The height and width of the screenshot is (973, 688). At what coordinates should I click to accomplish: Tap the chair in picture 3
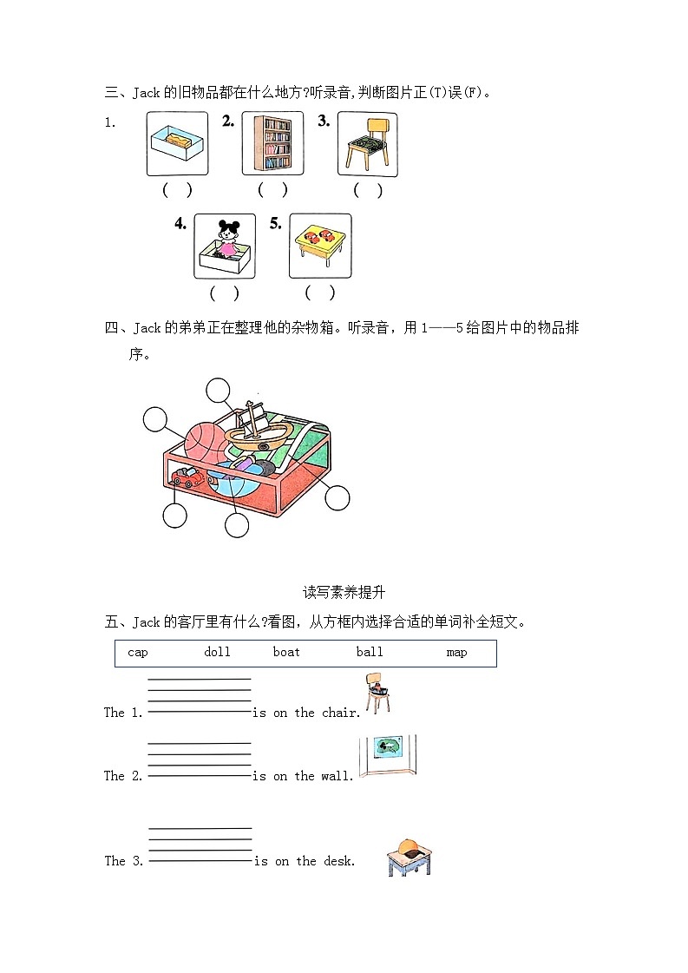coord(367,144)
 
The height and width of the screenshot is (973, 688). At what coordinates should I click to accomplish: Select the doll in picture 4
coord(227,240)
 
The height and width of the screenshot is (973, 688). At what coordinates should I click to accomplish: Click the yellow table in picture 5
coord(320,245)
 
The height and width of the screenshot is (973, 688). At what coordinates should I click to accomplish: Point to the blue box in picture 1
coord(177,143)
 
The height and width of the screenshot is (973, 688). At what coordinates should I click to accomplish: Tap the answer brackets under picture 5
coord(319,293)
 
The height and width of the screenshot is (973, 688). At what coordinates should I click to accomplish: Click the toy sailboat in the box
coord(253,429)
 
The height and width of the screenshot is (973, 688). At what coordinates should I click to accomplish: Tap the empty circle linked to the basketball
coord(155,419)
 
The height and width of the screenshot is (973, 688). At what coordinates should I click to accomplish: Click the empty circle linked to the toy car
coord(174,516)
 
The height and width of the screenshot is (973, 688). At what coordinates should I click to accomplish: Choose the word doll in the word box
coord(217,652)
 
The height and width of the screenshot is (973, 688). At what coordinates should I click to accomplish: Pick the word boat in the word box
coord(286,652)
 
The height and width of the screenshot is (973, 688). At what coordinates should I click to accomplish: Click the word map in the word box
coord(456,652)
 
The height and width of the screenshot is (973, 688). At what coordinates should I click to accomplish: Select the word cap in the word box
coord(137,652)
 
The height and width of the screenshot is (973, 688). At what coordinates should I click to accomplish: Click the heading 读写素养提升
coord(344,592)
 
